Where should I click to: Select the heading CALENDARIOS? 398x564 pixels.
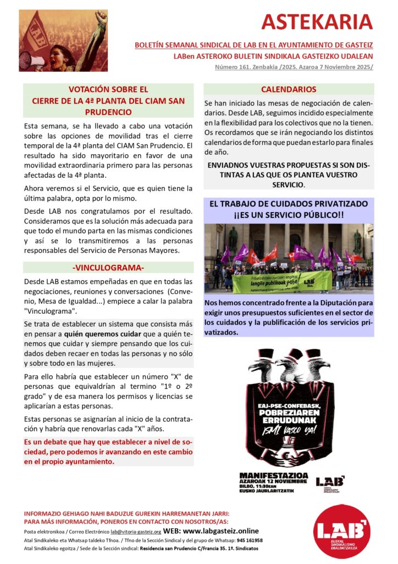pos(289,89)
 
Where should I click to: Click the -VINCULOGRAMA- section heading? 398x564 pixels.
pos(108,268)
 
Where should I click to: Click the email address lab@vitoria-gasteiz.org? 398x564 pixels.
pos(136,532)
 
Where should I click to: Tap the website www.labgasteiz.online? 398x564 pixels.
pos(219,531)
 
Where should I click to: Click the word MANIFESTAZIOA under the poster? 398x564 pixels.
pos(273,475)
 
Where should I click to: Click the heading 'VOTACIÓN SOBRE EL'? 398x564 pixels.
pos(108,89)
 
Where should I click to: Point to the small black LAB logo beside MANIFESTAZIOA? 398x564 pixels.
pos(330,481)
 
